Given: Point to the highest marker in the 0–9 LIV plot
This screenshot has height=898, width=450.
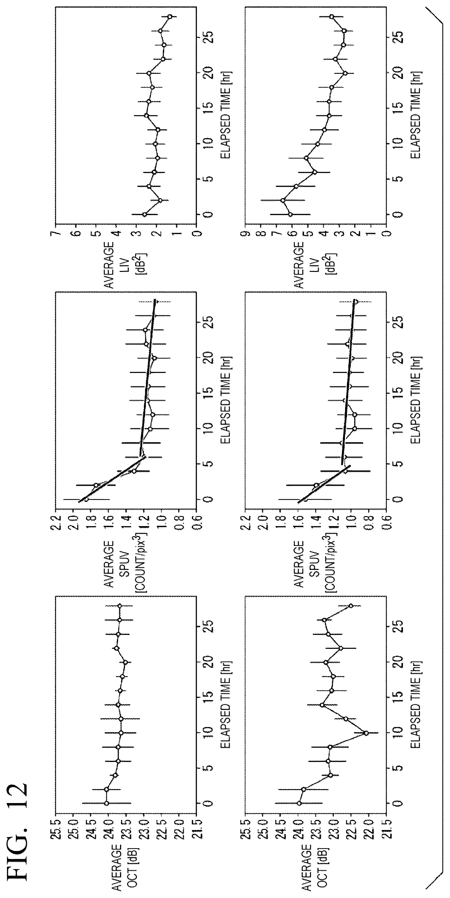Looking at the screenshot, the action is [283, 200].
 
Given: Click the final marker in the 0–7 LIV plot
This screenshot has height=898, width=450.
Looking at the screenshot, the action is [170, 16].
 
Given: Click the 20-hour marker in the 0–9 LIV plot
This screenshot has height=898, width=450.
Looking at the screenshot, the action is [345, 73].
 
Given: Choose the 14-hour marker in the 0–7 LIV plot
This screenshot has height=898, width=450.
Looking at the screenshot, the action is [146, 115].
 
